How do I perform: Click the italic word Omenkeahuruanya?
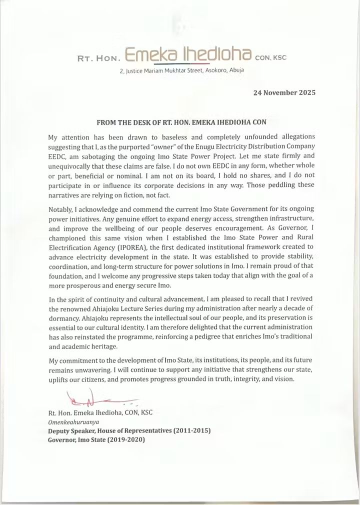tap(70, 422)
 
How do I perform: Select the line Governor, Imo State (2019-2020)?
tap(97, 440)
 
